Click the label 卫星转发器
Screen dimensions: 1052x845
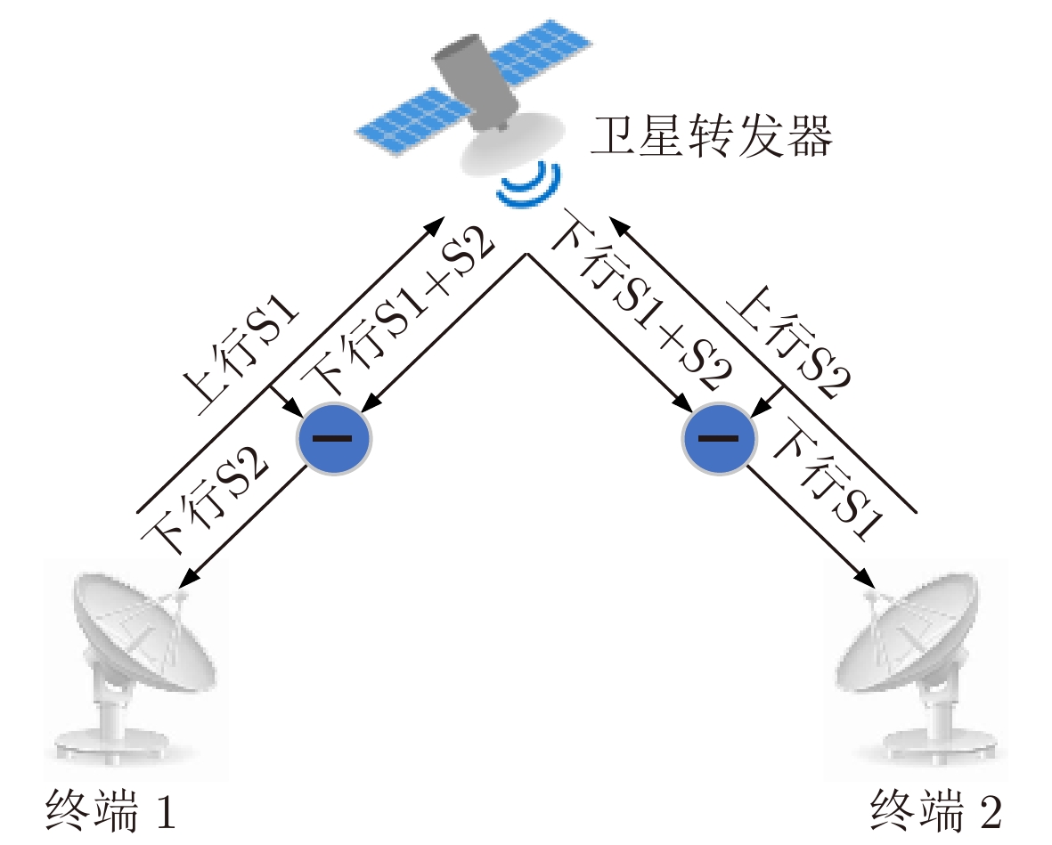711,137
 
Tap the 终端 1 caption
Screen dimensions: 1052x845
111,810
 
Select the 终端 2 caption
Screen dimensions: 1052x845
936,810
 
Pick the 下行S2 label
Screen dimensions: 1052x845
205,499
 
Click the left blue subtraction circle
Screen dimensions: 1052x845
333,439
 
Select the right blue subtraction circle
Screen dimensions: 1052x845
719,439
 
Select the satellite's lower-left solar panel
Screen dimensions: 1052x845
408,121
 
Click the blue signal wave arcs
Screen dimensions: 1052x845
530,185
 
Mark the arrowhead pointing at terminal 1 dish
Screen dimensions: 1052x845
188,577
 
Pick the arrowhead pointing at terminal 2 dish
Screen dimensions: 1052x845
866,577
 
